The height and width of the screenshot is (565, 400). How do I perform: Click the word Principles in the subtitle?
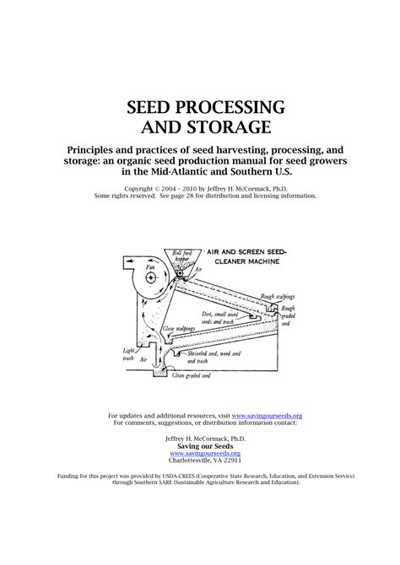pos(97,149)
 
